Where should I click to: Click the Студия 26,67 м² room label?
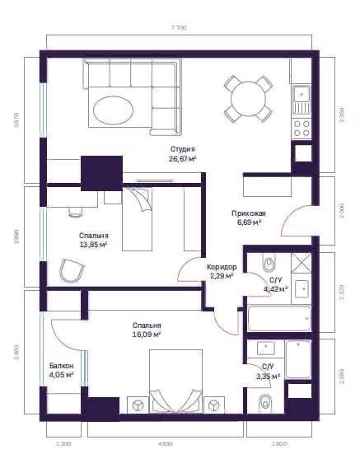pos(182,154)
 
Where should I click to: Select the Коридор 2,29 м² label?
pos(222,272)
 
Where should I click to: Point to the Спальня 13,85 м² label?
pos(94,240)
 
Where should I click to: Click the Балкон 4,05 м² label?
pos(61,370)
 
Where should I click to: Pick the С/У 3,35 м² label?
pos(267,372)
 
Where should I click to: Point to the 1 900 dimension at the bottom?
pos(278,444)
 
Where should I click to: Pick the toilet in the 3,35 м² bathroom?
pos(265,404)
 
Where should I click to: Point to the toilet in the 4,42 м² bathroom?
pos(268,263)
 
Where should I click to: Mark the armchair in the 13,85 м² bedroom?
pos(72,270)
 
